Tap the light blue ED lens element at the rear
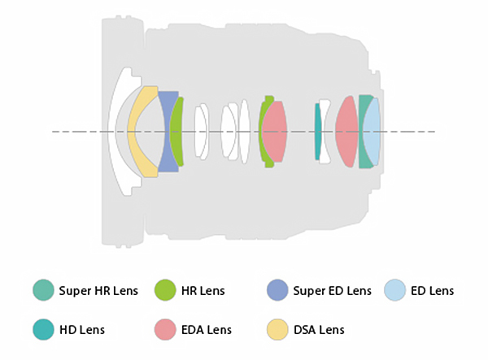point(373,132)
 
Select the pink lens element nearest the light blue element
point(347,132)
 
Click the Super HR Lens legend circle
point(43,290)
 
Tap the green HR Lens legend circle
point(165,290)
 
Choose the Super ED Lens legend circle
point(277,290)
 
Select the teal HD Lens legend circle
point(43,329)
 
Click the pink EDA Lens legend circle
point(165,329)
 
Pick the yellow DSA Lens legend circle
point(277,329)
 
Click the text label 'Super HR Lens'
point(98,290)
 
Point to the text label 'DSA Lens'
point(319,330)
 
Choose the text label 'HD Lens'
point(81,330)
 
